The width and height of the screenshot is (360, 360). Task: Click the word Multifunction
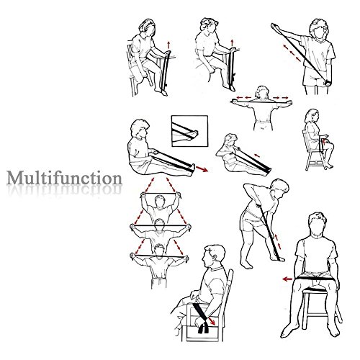coord(64,178)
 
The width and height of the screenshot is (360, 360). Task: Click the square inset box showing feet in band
coord(189,131)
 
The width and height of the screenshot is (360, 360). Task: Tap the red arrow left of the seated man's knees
coord(287,279)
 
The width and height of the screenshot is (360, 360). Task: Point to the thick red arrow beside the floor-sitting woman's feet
coord(202,169)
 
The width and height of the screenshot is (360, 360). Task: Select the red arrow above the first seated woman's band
coord(168,45)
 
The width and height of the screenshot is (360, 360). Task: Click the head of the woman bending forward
coord(280,188)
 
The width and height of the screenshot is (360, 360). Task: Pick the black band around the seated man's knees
coord(315,279)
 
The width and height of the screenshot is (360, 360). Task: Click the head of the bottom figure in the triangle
coord(159,250)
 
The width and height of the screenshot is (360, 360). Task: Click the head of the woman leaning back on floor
coord(230,140)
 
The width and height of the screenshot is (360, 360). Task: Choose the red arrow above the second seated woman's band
coord(232,43)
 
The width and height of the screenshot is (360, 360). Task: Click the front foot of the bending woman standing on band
coord(278,258)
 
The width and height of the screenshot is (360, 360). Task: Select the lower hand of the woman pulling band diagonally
coord(328,84)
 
